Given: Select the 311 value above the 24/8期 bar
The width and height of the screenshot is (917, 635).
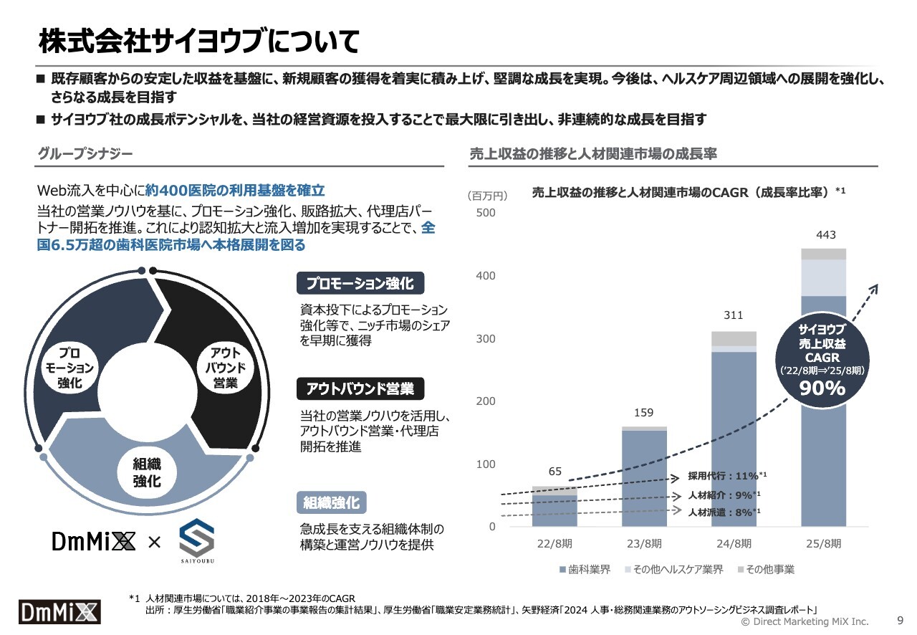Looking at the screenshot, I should tap(734, 315).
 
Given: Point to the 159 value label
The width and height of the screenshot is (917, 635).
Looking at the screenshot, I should tap(644, 413).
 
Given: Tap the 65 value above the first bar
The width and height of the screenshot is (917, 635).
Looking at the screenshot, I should tap(555, 472).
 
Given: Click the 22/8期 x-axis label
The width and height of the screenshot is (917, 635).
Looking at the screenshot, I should tap(555, 544).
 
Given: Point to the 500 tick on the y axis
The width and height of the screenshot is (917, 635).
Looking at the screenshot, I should tap(486, 213).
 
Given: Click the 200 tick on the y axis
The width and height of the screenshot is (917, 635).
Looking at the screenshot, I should tap(486, 401).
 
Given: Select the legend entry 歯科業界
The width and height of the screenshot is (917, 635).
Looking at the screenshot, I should tap(585, 570).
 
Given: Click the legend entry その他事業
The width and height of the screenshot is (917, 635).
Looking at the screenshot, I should tap(765, 570).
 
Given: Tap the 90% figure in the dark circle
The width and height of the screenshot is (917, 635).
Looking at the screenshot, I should tap(822, 388).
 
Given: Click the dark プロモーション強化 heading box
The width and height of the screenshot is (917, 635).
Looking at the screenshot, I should tap(360, 284).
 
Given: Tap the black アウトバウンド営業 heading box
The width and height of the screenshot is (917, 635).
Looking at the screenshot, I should tap(360, 389).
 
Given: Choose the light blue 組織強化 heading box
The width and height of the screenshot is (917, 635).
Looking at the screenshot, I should tap(332, 502).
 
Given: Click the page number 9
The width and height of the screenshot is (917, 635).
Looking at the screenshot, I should tap(900, 621).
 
